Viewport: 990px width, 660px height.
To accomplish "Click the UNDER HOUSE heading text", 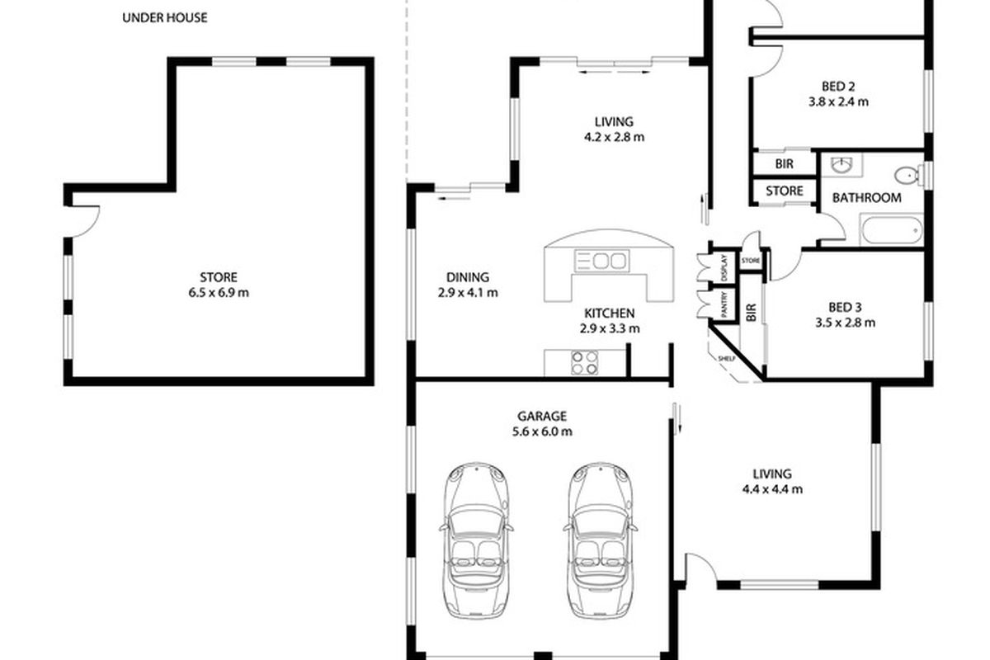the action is pos(165,17).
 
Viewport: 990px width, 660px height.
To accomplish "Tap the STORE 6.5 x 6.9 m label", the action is pos(219,285).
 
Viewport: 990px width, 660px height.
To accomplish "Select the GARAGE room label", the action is pos(542,416).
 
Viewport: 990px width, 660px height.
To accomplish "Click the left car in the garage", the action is pos(476,540).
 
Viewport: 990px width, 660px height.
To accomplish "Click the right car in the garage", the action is pos(601,540).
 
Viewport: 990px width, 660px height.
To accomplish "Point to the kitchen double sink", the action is pos(601,261).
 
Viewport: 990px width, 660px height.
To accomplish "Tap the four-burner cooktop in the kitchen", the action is pos(584,362).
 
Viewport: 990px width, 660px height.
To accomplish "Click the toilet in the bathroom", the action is pos(908,175).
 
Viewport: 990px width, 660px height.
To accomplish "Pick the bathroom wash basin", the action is pos(841,165).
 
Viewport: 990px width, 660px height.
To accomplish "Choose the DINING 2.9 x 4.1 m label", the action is pos(468,285).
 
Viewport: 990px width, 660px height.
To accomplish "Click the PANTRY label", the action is pos(724,304).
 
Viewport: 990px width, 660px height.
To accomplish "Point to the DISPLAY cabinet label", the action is pos(724,268).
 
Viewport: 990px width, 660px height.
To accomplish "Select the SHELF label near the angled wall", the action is pos(727,359).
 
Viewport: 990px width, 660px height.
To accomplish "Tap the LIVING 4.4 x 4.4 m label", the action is pos(772,482).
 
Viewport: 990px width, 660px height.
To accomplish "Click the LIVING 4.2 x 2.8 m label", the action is pos(614,129).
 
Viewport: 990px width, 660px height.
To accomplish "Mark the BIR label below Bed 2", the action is pos(784,164).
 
